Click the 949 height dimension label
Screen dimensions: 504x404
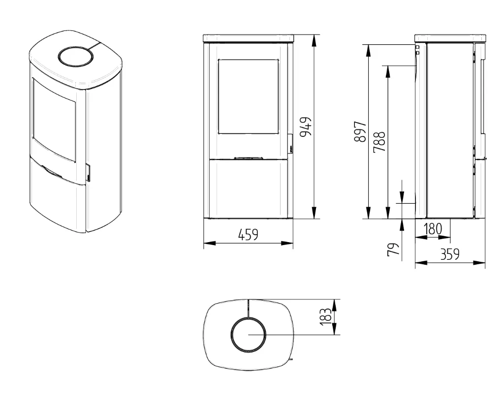[306, 126]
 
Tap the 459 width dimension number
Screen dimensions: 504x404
[248, 235]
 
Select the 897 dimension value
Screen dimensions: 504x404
[360, 131]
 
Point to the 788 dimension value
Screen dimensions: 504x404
[379, 141]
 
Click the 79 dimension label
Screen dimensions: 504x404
[393, 249]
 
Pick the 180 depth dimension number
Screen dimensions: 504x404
[433, 229]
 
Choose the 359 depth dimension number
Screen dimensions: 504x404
[450, 254]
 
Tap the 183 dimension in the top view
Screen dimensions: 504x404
[326, 316]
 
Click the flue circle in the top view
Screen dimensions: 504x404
[249, 334]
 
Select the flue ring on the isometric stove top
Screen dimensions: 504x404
[76, 57]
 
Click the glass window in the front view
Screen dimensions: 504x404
[248, 96]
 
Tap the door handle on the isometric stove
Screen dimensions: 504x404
[88, 173]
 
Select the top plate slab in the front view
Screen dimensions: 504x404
[248, 38]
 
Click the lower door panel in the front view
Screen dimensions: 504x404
[248, 188]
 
